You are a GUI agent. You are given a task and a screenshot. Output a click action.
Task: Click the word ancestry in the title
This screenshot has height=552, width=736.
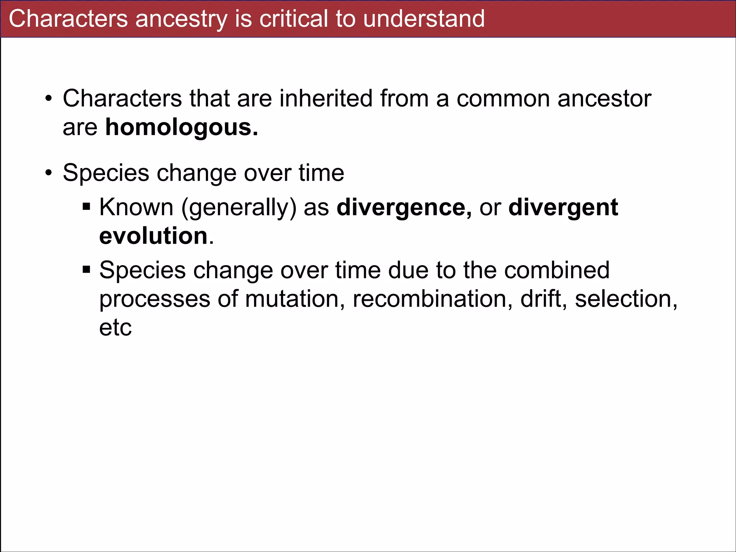point(181,19)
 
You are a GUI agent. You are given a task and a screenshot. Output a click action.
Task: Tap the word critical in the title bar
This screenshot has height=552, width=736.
point(293,19)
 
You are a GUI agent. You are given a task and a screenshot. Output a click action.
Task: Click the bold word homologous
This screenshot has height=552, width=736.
point(181,127)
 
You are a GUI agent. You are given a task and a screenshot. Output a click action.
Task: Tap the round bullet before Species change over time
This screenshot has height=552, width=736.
point(49,173)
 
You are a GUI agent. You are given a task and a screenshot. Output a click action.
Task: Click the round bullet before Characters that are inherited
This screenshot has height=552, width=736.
point(49,98)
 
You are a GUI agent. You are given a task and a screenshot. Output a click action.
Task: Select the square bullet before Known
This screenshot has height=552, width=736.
point(86,207)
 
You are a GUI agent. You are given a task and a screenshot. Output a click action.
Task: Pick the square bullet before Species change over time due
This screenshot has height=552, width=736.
point(86,269)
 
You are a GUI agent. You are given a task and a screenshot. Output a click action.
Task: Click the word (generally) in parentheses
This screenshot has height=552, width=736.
point(239,207)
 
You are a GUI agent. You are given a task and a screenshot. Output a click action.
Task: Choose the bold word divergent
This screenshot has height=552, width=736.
point(563,207)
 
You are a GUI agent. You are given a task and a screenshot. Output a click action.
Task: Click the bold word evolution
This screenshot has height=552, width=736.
point(153,236)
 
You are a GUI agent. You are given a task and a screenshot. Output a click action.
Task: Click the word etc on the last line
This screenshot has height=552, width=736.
point(115,327)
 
